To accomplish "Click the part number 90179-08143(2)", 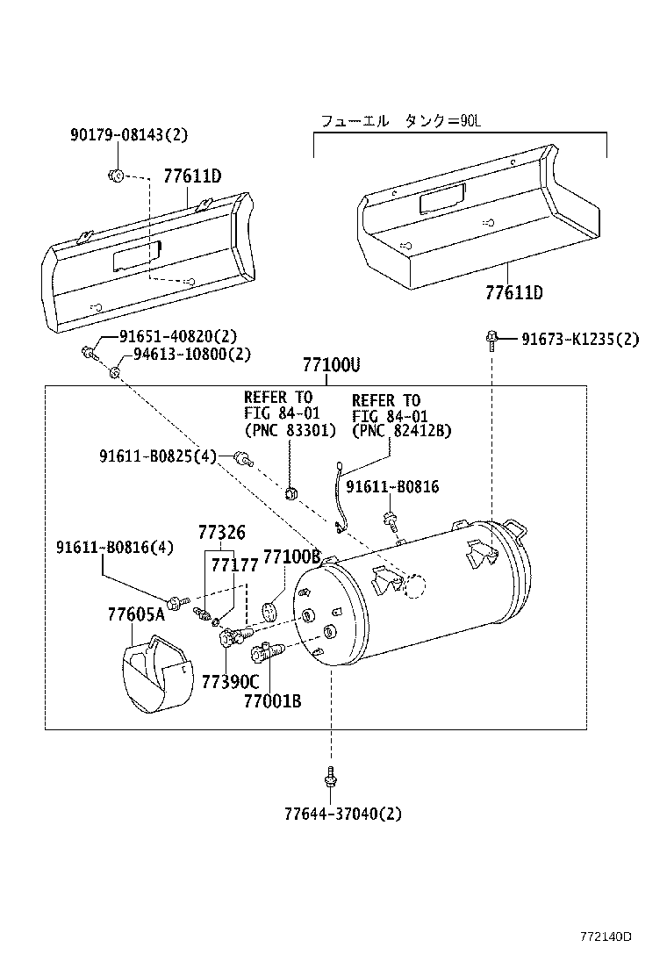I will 129,135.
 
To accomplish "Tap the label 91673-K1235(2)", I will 580,339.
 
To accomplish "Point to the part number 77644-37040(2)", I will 342,814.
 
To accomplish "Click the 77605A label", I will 136,614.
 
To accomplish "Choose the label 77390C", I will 230,682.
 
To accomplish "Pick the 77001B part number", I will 273,700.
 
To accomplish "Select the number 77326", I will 221,533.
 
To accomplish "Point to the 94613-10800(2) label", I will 192,355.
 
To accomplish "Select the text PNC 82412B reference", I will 401,431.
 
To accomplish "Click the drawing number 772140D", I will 605,937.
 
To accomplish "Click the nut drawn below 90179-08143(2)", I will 117,174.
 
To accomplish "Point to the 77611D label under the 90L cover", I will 514,292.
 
